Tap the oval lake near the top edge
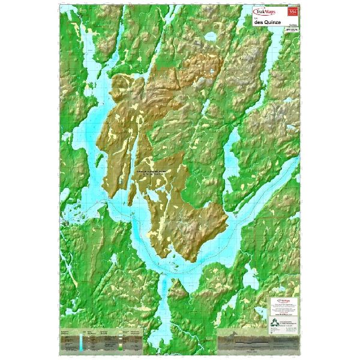(x=209, y=37)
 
